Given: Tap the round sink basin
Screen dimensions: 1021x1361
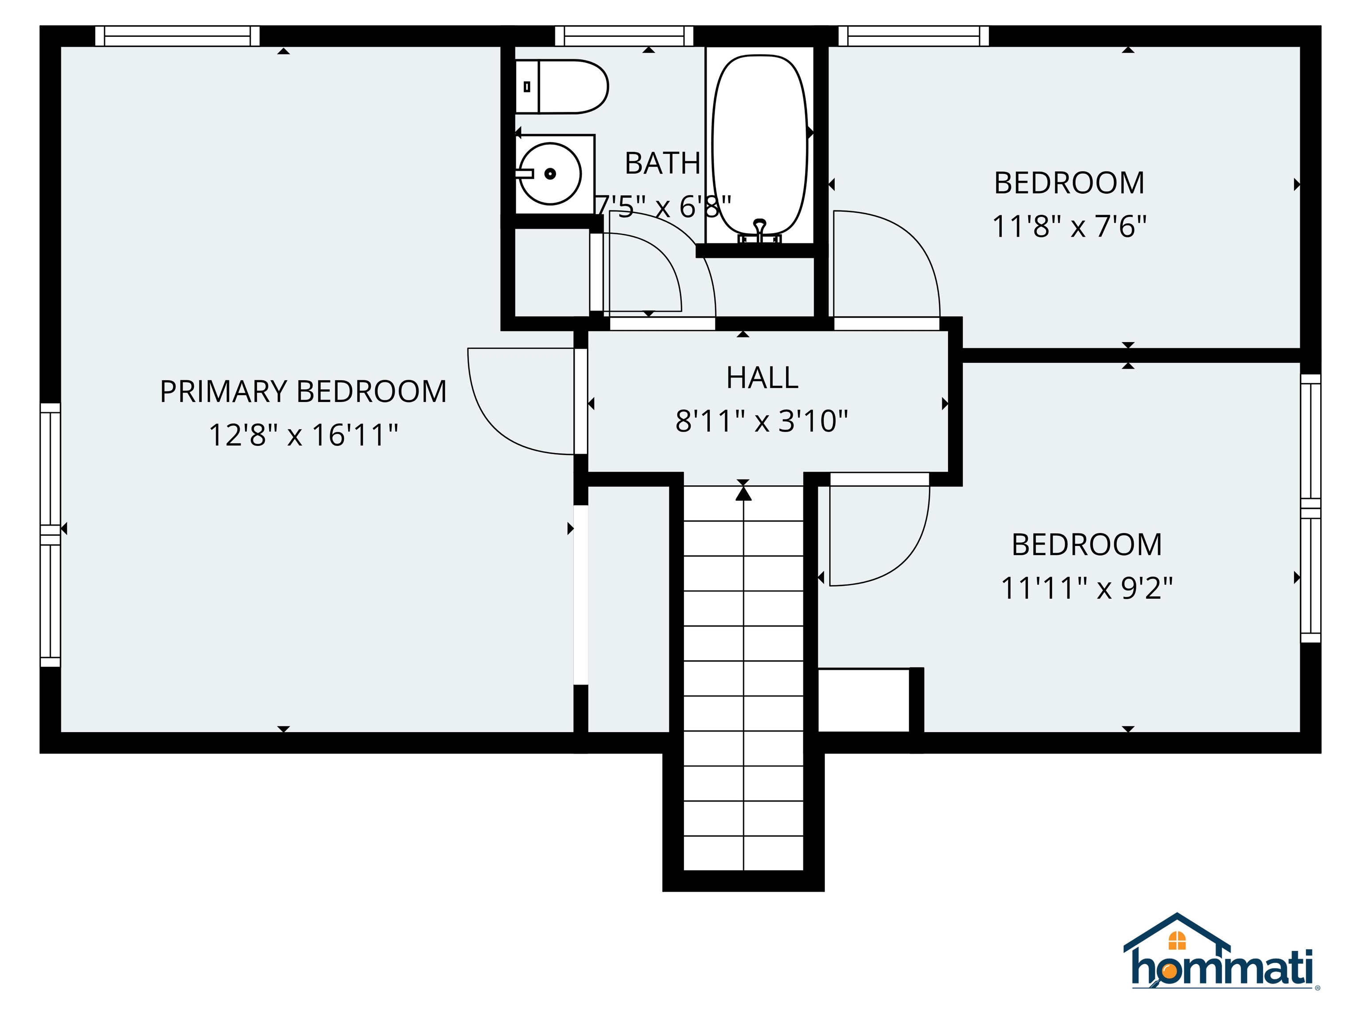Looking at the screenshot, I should tap(550, 174).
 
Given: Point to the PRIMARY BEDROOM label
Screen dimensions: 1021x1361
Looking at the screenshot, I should tap(303, 391).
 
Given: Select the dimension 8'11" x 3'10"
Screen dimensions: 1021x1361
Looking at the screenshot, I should tap(762, 421).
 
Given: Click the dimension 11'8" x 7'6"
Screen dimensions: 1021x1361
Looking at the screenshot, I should tap(1069, 226).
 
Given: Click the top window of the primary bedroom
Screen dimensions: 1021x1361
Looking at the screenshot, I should tap(177, 36).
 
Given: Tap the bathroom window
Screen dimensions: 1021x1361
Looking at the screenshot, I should tap(624, 36).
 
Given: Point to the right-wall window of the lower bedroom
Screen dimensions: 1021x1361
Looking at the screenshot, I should tap(1310, 508).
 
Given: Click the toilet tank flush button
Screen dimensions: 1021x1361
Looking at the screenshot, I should tap(527, 87).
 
